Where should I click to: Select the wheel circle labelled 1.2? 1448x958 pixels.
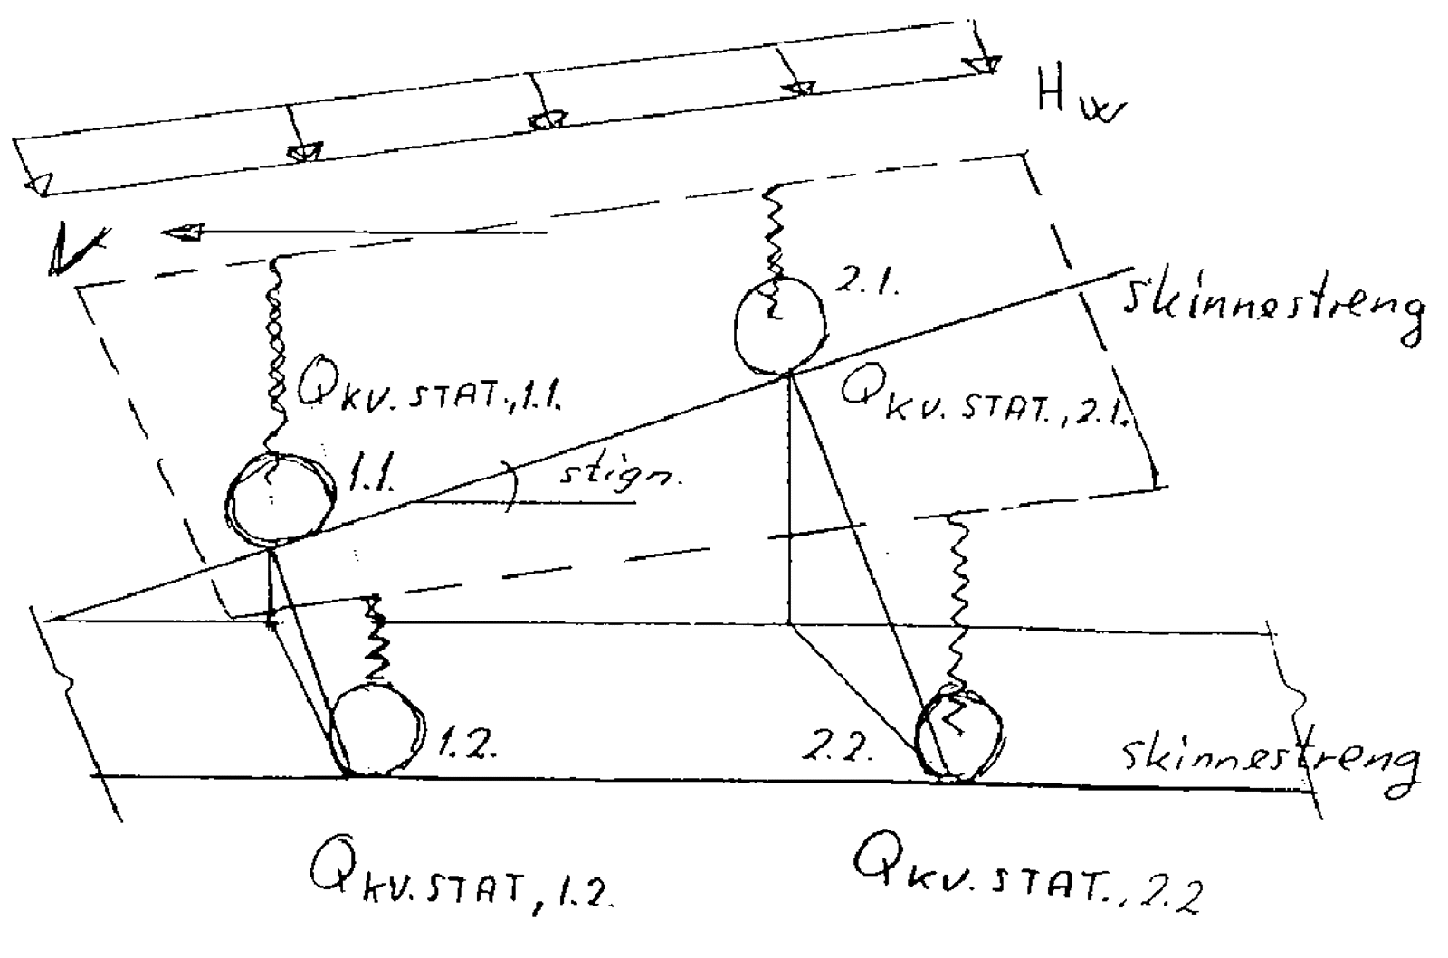376,729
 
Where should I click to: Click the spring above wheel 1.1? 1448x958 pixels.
275,353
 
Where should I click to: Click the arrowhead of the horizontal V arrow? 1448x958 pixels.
181,233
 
